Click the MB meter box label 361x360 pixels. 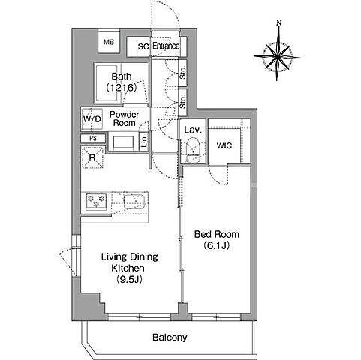[x=109, y=42]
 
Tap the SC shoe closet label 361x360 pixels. [x=143, y=46]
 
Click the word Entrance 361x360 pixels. [x=166, y=46]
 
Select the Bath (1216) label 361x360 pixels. [x=122, y=82]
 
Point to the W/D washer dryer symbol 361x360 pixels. [x=92, y=119]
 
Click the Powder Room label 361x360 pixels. [x=125, y=118]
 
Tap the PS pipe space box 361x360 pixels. [x=93, y=138]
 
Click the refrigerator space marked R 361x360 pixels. [x=92, y=157]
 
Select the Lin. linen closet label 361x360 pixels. [x=144, y=141]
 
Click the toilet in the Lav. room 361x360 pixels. [x=194, y=150]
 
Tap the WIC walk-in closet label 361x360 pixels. [x=224, y=145]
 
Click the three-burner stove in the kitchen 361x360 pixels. [x=96, y=202]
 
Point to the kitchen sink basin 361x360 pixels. [x=135, y=201]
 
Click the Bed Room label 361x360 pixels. [x=217, y=234]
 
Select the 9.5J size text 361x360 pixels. [x=129, y=279]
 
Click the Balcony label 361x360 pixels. [x=170, y=337]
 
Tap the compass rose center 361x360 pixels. [x=278, y=57]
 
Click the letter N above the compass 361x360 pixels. [x=279, y=23]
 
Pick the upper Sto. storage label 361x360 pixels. [x=183, y=73]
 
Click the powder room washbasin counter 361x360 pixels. [x=123, y=142]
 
